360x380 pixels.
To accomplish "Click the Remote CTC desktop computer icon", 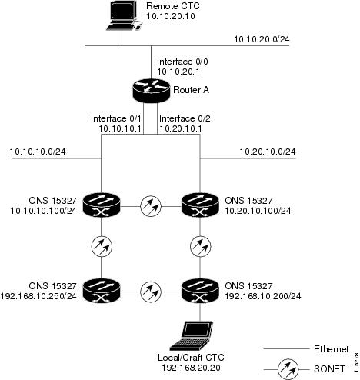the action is (124, 16).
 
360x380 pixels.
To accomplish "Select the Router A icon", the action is (152, 90).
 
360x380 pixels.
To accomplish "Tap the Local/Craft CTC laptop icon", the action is (192, 335).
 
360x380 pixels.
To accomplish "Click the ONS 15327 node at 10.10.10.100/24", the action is (102, 205).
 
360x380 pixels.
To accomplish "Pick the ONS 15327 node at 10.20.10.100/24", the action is (200, 205).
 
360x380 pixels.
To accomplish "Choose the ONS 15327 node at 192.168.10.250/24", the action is (102, 291).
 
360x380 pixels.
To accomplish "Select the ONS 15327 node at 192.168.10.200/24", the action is (200, 291).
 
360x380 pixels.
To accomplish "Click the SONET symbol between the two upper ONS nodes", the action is (151, 206).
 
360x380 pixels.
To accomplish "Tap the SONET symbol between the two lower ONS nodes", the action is (151, 292).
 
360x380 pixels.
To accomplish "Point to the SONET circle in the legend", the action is (288, 369).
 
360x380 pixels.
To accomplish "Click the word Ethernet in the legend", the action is (332, 349).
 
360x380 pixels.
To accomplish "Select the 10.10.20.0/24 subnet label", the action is (262, 39).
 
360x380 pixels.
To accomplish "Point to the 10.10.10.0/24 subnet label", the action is (38, 152).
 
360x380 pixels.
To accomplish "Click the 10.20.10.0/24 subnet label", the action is (268, 152).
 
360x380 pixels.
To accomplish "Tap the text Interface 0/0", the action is (182, 62).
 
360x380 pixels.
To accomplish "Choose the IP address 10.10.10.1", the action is (120, 128).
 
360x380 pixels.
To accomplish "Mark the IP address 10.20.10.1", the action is (181, 128).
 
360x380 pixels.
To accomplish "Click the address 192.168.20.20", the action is (191, 368).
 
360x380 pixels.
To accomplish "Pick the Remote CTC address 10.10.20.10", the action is (171, 16).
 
